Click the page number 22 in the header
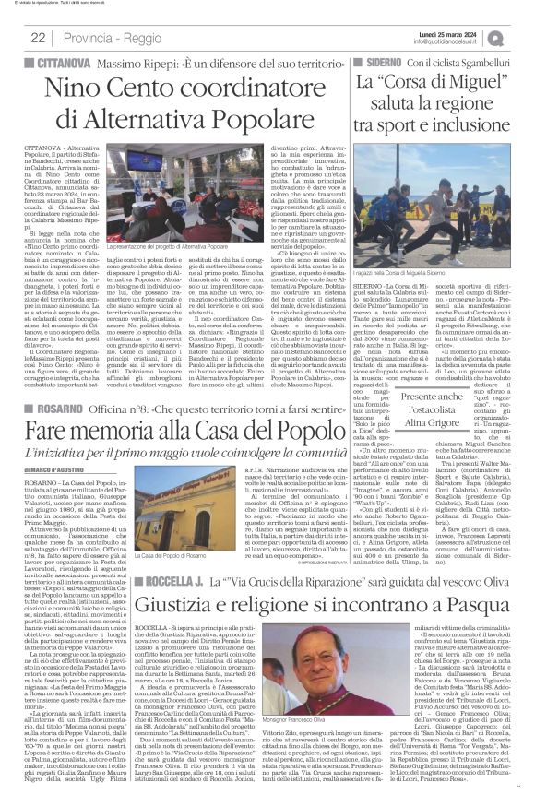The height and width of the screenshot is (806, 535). pos(38,37)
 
